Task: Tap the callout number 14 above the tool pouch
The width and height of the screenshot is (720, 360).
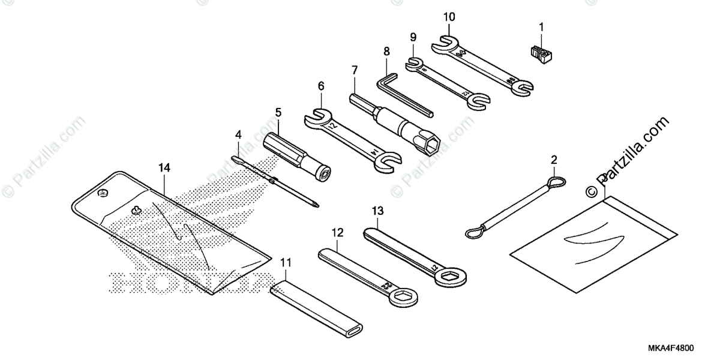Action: coord(164,169)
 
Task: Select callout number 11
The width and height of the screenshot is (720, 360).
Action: coord(286,262)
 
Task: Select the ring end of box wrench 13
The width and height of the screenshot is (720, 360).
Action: coord(449,275)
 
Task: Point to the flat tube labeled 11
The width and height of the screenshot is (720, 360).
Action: coord(319,305)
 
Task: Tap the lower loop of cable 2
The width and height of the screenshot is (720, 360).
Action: coord(474,230)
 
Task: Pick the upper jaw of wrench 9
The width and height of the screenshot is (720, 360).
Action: coord(414,62)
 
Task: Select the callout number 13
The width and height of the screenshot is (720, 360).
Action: coord(377,211)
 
